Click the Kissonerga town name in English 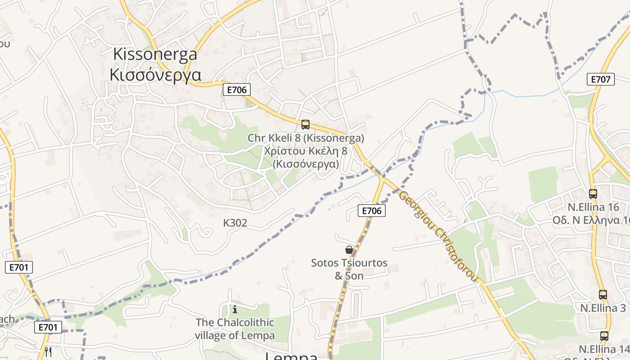(x=155, y=54)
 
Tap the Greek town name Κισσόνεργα (x=155, y=74)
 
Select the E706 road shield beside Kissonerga (x=237, y=90)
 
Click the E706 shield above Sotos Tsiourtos (x=372, y=210)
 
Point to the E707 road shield (x=601, y=79)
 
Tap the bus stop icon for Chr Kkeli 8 (x=306, y=125)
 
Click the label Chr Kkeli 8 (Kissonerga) (x=306, y=138)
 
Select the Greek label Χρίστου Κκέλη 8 (x=306, y=151)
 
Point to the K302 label (x=235, y=223)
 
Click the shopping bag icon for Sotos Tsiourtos (x=349, y=250)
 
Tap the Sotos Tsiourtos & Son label (x=349, y=269)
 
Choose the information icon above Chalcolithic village (x=234, y=309)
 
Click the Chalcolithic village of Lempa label (x=234, y=329)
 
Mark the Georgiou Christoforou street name (x=437, y=236)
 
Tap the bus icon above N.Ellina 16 (x=593, y=194)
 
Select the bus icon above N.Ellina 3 (x=603, y=295)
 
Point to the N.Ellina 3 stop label (x=603, y=308)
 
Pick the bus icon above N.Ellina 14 (x=604, y=336)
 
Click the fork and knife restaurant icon (x=48, y=351)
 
